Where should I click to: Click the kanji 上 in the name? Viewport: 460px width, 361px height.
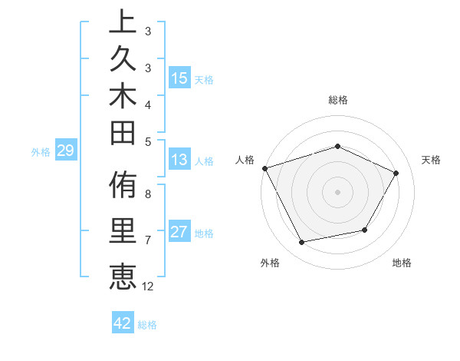click(121, 22)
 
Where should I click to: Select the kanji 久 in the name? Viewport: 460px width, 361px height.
click(121, 60)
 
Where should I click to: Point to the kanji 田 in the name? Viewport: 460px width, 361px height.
click(121, 134)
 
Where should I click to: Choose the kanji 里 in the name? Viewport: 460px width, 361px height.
click(121, 232)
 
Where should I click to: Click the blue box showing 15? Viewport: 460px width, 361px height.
click(179, 78)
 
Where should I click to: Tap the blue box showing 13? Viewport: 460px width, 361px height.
click(179, 160)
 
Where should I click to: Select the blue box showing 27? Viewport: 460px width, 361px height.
click(179, 232)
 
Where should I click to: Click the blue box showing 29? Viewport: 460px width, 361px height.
click(65, 151)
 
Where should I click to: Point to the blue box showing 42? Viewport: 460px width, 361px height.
click(123, 323)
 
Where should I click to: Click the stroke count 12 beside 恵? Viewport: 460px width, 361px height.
click(148, 286)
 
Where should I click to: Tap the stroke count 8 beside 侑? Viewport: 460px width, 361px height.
click(148, 194)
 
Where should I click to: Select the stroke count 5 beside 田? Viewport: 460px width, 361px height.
click(148, 141)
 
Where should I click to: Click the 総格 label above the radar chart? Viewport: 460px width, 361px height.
click(338, 100)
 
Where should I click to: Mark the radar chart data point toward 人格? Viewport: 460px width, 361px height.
click(264, 167)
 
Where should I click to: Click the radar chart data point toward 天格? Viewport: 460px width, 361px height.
click(396, 173)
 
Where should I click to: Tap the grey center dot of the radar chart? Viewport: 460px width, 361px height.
click(338, 191)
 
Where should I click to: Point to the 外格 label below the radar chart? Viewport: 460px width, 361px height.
click(270, 263)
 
